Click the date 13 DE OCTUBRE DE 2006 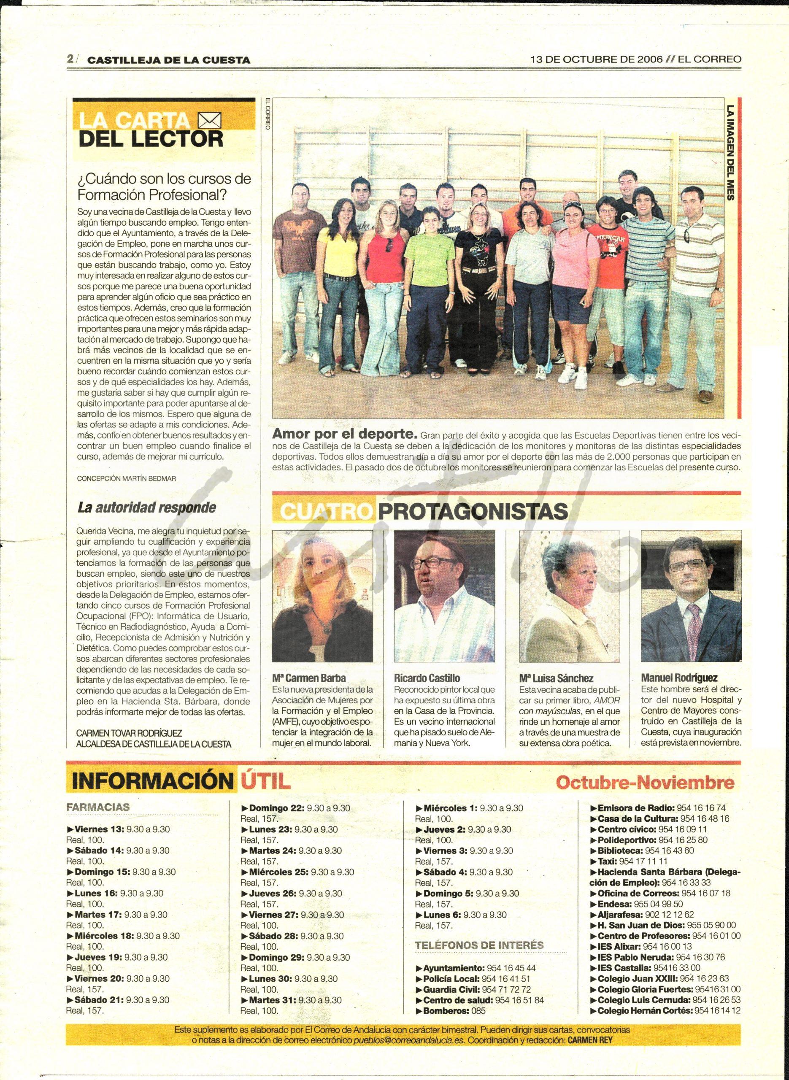click(x=597, y=59)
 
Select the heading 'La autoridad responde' click(x=147, y=508)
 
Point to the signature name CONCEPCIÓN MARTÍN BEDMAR click(x=126, y=478)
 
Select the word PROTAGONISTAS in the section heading click(x=473, y=511)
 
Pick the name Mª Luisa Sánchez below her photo click(x=556, y=678)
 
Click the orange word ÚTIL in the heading click(x=263, y=782)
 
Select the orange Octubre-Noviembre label click(x=645, y=783)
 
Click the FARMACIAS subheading click(x=98, y=807)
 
